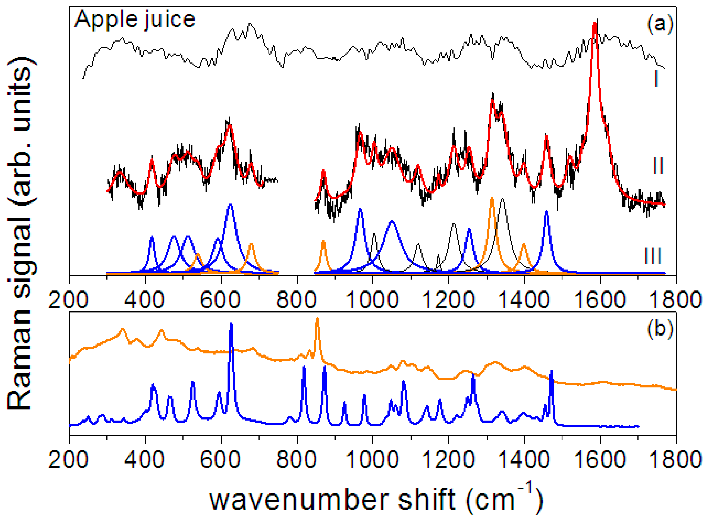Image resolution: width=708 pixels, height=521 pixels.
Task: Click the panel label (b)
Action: click(x=660, y=329)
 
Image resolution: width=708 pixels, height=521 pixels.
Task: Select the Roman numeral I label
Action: click(x=656, y=78)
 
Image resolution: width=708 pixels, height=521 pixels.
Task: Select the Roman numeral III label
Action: click(x=653, y=256)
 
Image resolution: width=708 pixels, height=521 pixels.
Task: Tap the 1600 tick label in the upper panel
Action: click(x=600, y=300)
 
